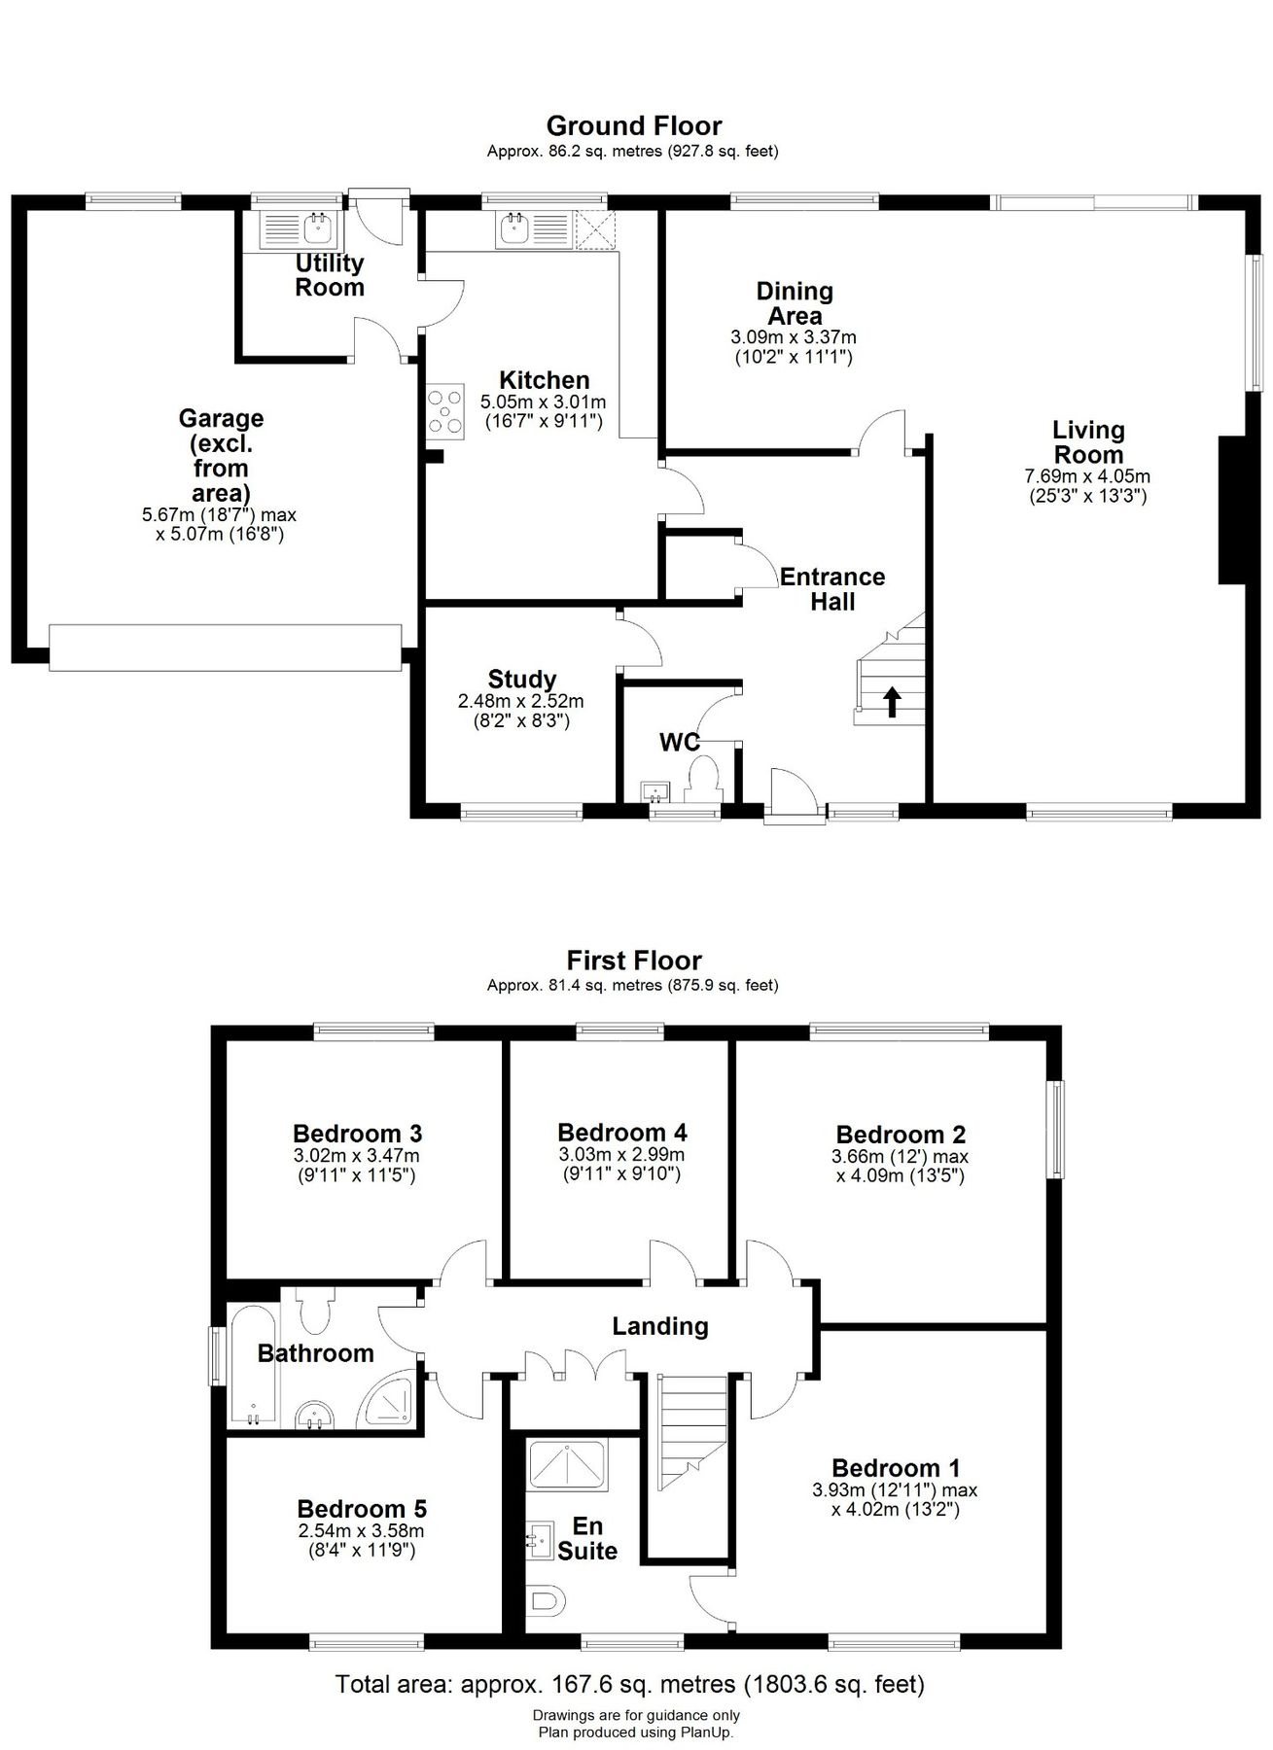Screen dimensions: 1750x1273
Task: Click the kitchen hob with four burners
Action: point(444,411)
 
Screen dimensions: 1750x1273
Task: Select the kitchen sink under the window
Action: point(513,229)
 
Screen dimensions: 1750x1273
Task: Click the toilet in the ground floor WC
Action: point(702,779)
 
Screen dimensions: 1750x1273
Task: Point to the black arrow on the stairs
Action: point(892,701)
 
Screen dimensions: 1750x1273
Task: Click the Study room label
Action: point(521,680)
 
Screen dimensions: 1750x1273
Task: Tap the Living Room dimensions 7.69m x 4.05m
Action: point(1088,476)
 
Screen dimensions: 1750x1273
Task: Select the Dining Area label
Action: point(795,303)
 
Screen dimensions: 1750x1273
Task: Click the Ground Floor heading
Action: point(633,125)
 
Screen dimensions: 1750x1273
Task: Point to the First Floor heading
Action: point(633,960)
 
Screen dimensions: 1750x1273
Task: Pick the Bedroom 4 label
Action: point(621,1132)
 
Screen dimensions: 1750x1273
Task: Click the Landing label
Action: point(659,1325)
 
